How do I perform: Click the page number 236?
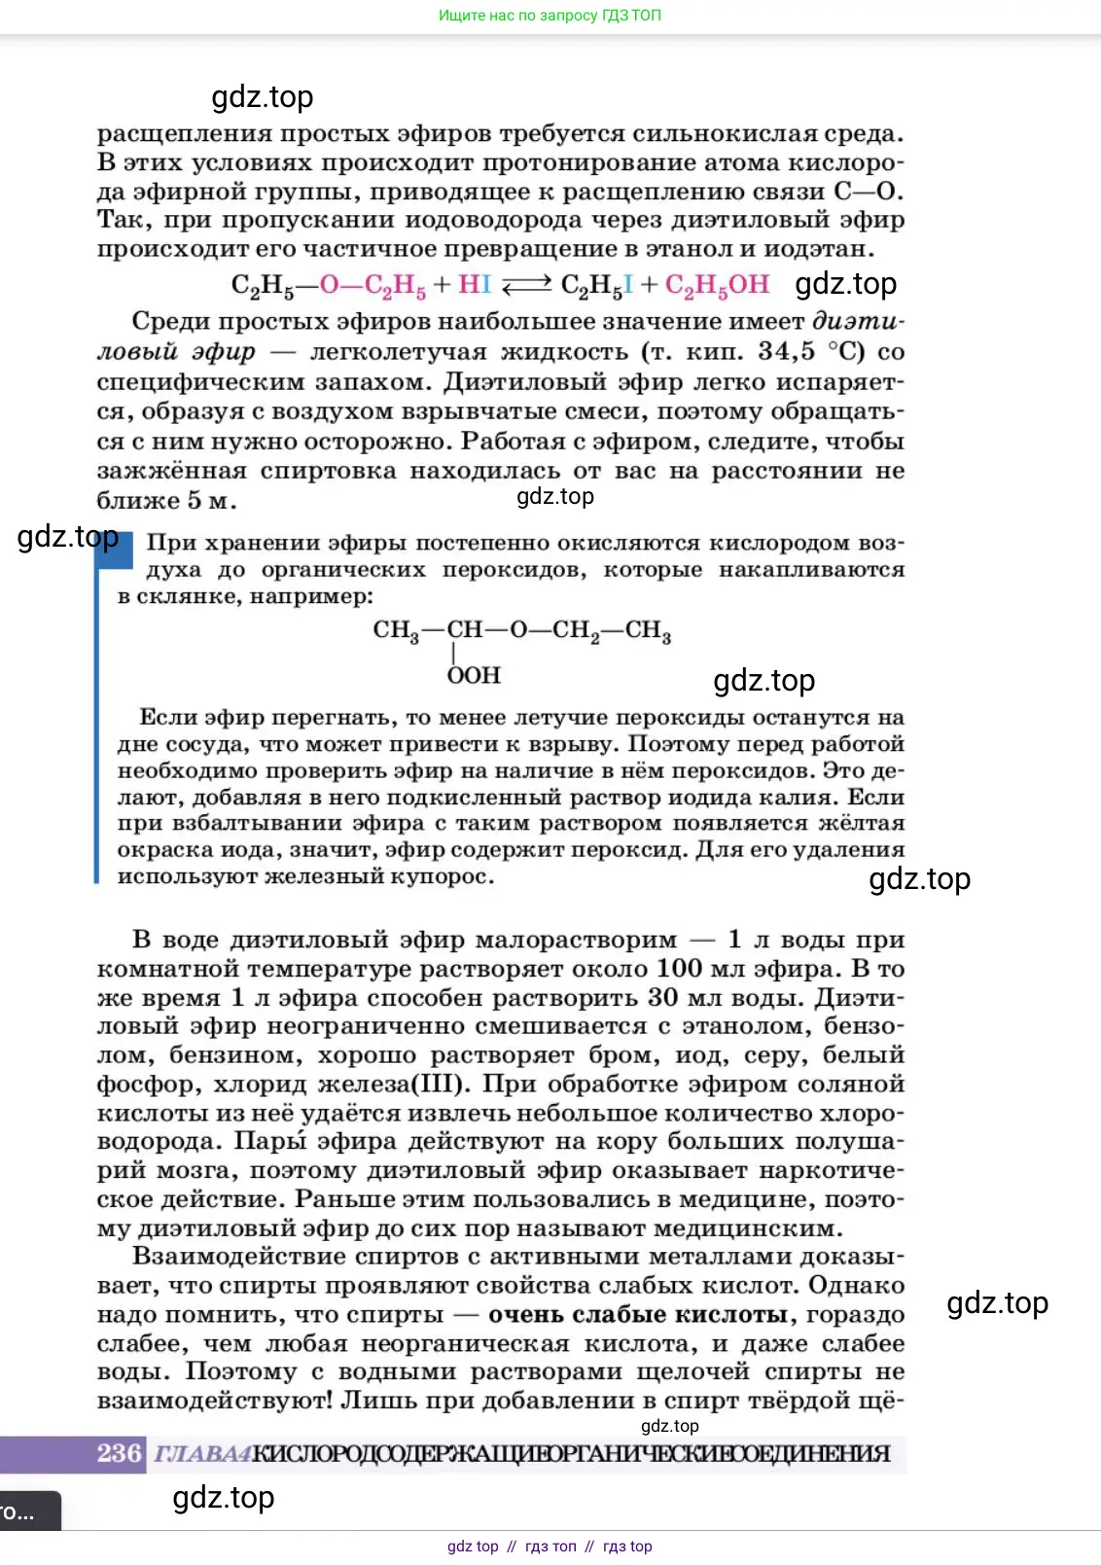point(119,1453)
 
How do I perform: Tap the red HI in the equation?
point(475,285)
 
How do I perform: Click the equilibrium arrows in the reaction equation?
point(526,285)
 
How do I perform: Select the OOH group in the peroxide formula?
point(474,676)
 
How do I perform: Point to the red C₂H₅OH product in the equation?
point(717,285)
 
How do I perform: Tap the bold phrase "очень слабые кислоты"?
point(637,1315)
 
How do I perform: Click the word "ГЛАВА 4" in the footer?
point(202,1454)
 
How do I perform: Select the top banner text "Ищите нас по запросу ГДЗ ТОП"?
point(550,16)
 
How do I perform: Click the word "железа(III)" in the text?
point(396,1085)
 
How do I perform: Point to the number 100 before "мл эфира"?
point(679,969)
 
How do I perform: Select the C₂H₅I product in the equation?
point(597,285)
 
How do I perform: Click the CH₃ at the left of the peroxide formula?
point(396,630)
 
